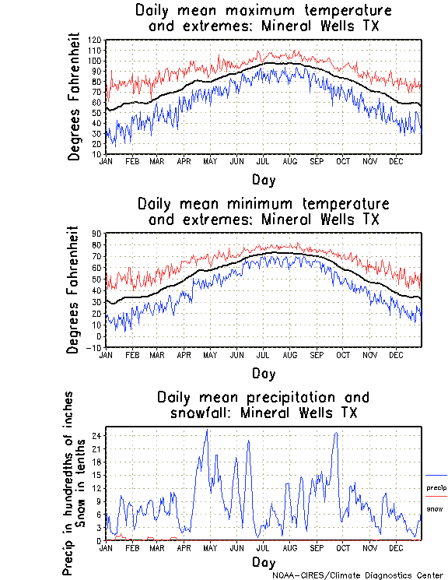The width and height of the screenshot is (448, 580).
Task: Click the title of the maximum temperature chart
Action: click(x=263, y=19)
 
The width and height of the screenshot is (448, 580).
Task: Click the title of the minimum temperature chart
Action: click(x=263, y=211)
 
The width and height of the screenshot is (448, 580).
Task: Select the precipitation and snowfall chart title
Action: click(x=263, y=405)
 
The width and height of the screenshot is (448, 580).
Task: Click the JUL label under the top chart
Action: click(x=263, y=161)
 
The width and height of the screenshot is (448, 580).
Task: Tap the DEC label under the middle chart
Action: click(x=395, y=355)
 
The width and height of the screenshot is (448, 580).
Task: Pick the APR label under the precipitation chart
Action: click(x=184, y=548)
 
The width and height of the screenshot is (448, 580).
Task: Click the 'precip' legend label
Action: click(x=436, y=488)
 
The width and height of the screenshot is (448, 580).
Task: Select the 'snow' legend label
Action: click(x=435, y=509)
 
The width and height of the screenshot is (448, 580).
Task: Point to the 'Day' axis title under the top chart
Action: click(x=263, y=180)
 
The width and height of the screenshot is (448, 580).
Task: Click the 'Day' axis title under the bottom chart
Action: click(x=263, y=562)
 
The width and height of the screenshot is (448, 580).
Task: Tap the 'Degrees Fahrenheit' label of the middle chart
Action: click(x=74, y=290)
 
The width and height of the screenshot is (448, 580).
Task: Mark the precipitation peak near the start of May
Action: click(x=206, y=431)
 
